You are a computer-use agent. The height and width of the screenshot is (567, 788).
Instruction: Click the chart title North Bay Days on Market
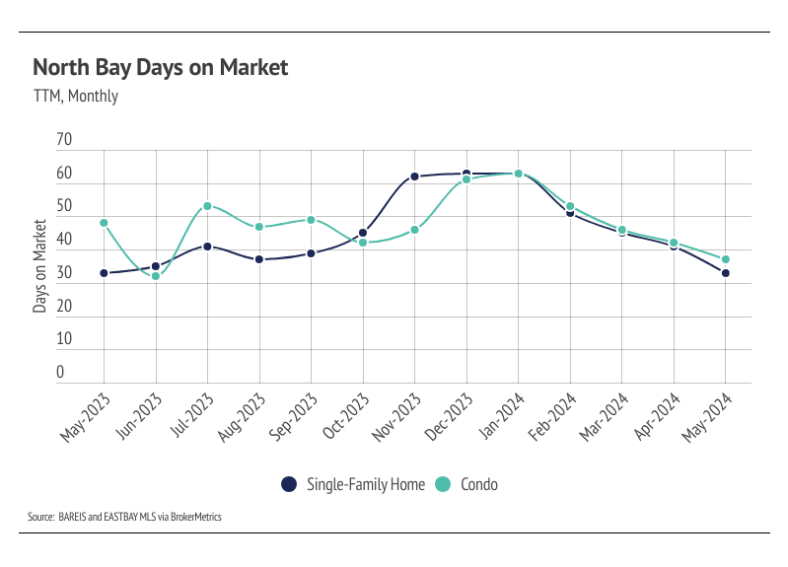coord(161,67)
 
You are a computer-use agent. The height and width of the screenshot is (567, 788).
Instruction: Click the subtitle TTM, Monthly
coord(75,97)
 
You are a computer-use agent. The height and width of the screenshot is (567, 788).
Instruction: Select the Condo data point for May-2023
coord(104,223)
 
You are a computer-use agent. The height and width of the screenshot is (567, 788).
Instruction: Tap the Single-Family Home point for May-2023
coord(104,273)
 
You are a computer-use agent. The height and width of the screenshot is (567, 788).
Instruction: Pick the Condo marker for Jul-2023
coord(207,206)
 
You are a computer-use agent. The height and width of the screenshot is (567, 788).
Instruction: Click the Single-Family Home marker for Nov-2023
coord(414,177)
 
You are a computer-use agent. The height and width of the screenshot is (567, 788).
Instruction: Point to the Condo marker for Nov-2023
coord(414,230)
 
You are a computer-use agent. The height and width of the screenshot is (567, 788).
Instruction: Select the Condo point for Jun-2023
coord(155,276)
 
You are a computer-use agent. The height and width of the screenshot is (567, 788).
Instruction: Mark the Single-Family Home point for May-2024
coord(726,273)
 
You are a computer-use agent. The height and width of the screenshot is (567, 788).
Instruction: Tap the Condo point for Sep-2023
coord(311,220)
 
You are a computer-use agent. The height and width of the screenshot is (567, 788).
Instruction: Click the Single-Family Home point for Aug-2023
coord(259,259)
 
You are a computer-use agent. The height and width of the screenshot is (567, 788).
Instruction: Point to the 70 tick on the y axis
coord(65,140)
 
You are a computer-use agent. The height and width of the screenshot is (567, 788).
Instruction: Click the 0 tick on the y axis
coord(59,373)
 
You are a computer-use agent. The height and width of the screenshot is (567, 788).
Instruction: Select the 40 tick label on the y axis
coord(65,240)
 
